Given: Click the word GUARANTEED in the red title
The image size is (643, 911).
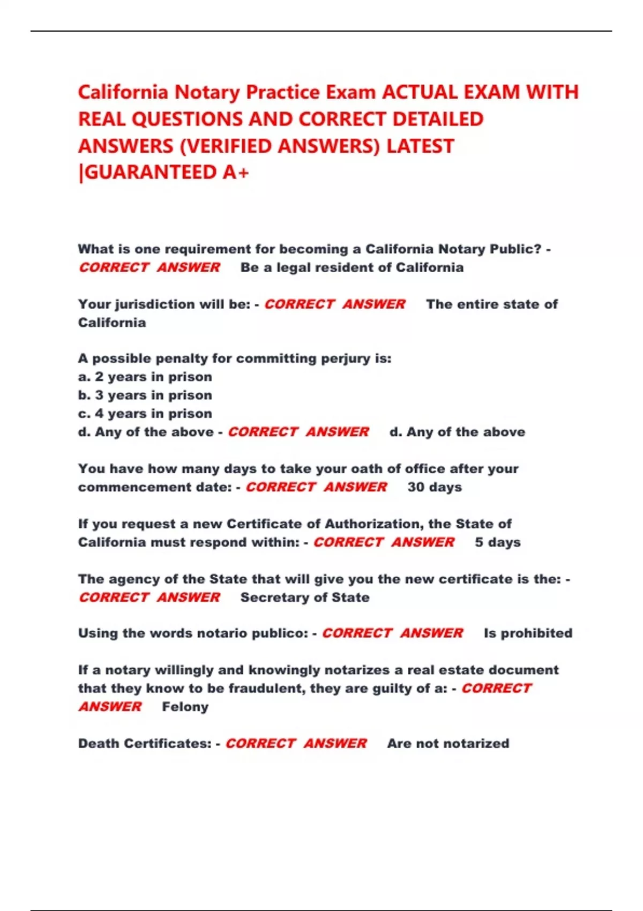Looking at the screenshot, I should click(x=151, y=173).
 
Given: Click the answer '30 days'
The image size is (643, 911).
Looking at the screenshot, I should click(x=435, y=487).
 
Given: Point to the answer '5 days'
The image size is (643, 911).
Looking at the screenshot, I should click(x=497, y=542).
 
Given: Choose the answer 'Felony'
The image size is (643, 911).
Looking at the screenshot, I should click(x=185, y=707).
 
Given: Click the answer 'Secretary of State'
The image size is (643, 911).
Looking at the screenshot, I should click(x=305, y=598).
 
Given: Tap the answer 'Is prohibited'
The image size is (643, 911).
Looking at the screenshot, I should click(x=528, y=633).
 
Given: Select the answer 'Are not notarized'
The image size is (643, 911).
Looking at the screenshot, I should click(x=448, y=743).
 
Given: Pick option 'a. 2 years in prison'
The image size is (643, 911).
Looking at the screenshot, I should click(x=145, y=377).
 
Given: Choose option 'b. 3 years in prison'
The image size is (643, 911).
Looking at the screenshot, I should click(x=145, y=395).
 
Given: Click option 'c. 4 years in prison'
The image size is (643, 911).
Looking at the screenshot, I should click(x=145, y=414).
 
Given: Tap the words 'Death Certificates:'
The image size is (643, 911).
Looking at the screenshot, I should click(x=145, y=743).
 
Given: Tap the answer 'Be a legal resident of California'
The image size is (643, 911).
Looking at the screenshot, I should click(x=352, y=267).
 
